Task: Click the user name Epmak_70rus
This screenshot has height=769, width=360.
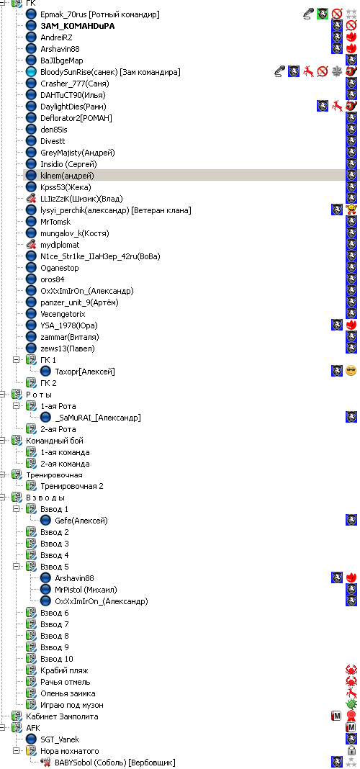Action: pyautogui.click(x=63, y=14)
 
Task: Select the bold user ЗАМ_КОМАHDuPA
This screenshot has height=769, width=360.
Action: pyautogui.click(x=78, y=26)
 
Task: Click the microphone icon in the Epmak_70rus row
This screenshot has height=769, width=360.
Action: pyautogui.click(x=308, y=14)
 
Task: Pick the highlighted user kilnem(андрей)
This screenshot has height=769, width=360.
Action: pyautogui.click(x=67, y=176)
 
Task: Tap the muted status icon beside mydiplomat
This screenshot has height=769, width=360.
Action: pyautogui.click(x=32, y=245)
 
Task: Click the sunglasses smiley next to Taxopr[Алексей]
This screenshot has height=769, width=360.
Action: pyautogui.click(x=351, y=372)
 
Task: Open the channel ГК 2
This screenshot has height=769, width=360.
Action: pyautogui.click(x=48, y=383)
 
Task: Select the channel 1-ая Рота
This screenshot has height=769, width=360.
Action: pyautogui.click(x=58, y=406)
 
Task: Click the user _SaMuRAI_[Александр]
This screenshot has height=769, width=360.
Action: pyautogui.click(x=98, y=418)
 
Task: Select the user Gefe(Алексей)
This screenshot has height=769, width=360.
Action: pyautogui.click(x=81, y=521)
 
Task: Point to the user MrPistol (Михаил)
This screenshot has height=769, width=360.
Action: pyautogui.click(x=86, y=590)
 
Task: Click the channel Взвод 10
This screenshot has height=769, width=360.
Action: pyautogui.click(x=57, y=659)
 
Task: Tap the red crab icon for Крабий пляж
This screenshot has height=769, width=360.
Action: pyautogui.click(x=351, y=670)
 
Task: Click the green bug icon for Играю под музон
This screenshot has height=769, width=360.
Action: pyautogui.click(x=351, y=705)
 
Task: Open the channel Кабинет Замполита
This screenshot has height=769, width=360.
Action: pyautogui.click(x=62, y=716)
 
